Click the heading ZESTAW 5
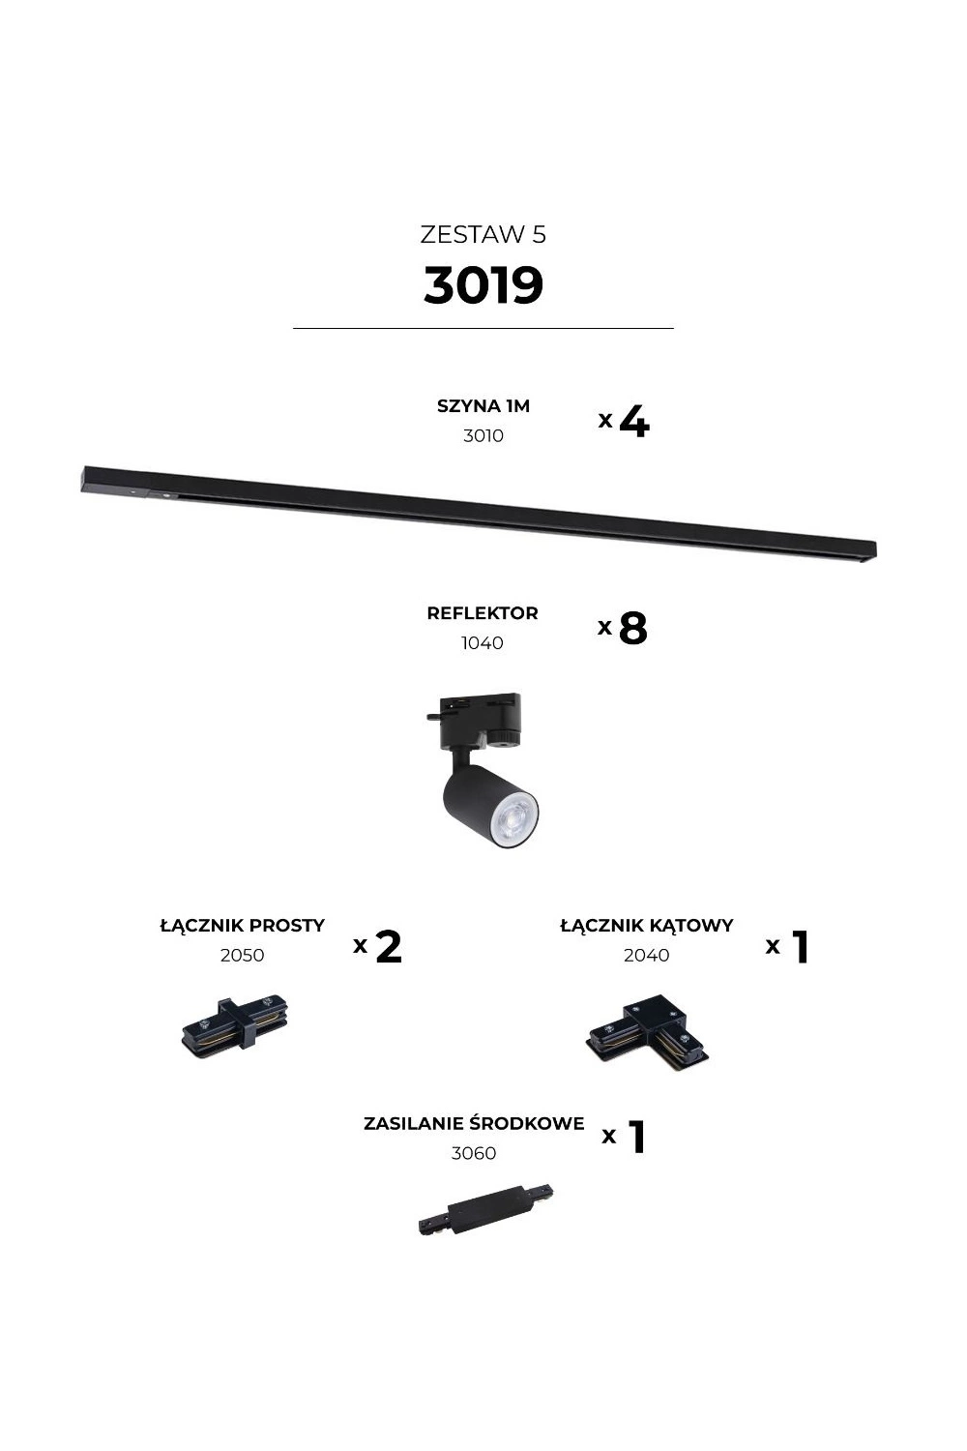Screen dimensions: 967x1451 pos(483,234)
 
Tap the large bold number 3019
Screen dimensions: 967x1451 pos(483,284)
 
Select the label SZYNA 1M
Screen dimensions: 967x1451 pos(483,406)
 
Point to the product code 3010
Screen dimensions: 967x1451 pos(483,436)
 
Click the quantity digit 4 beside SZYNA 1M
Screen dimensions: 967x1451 pos(634,422)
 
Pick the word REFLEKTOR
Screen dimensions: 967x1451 pos(483,613)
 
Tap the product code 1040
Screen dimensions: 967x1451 pos(483,643)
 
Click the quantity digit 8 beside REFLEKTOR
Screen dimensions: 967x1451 pos(632,629)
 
